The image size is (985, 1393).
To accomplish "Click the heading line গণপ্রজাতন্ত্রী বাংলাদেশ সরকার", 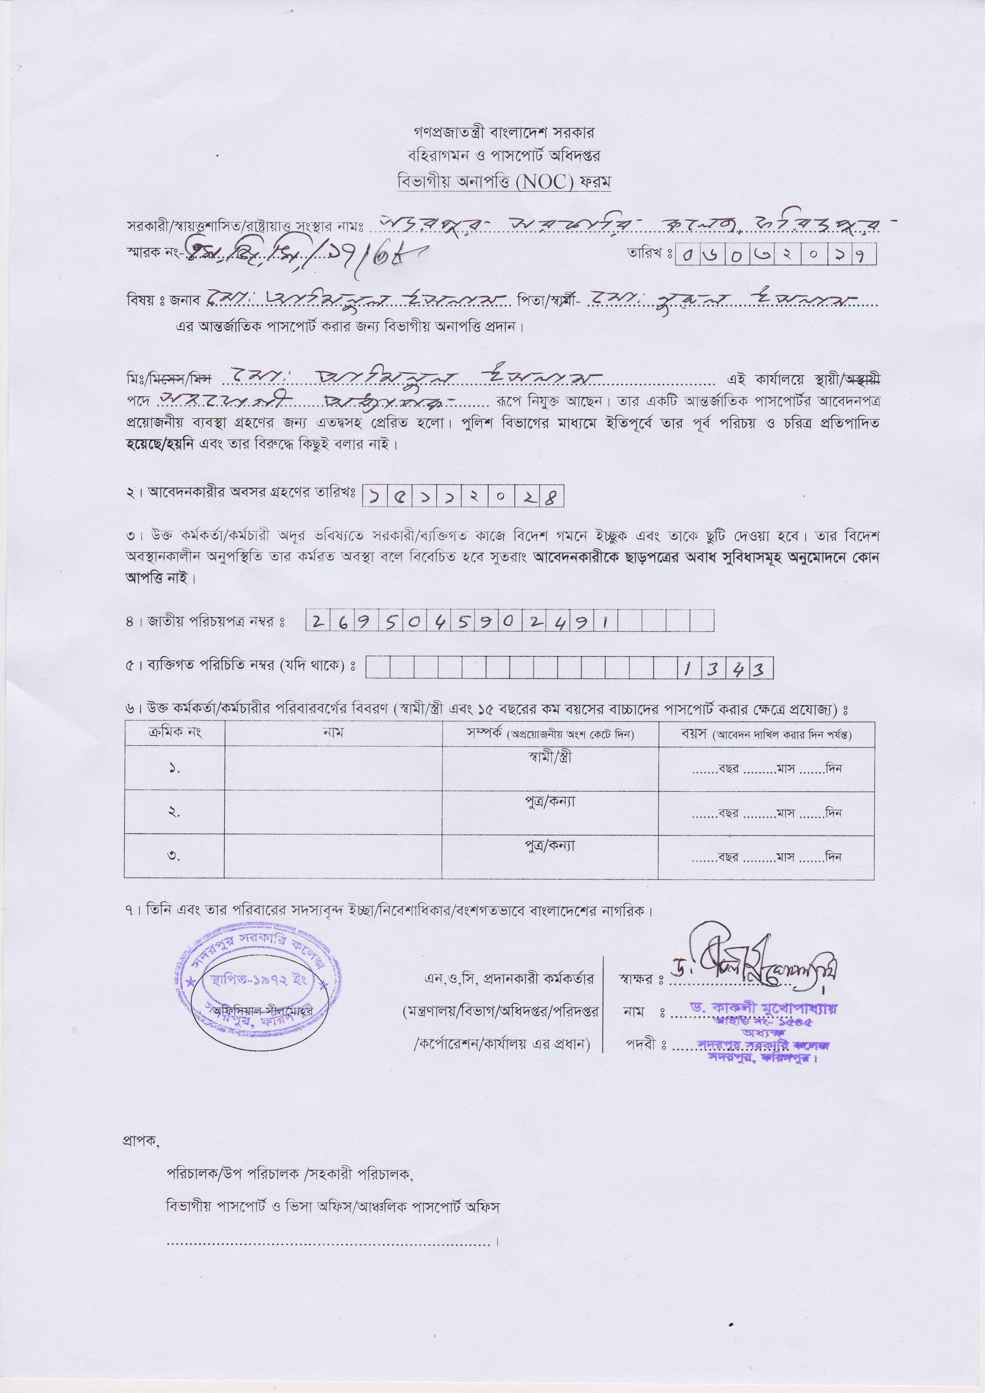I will [x=504, y=132].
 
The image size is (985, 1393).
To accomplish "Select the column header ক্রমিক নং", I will [x=174, y=733].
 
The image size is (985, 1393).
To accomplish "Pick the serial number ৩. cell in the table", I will [x=174, y=857].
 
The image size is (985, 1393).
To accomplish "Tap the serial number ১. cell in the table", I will [x=174, y=769].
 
